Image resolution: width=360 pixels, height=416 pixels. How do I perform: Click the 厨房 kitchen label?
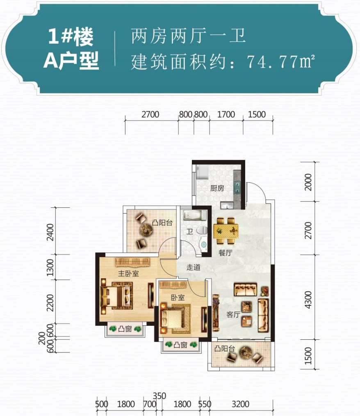tap(217, 188)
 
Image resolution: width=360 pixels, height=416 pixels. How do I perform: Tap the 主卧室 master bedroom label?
tap(128, 273)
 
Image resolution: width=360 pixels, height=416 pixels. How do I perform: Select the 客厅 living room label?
tap(233, 315)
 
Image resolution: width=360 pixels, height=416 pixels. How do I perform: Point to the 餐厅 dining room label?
tap(225, 252)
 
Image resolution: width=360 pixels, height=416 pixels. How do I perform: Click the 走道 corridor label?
tap(193, 267)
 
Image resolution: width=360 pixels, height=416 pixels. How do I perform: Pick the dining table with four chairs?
tap(226, 231)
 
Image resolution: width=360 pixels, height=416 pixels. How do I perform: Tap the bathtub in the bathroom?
tap(195, 215)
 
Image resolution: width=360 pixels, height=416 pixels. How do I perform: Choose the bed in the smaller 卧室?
tap(175, 319)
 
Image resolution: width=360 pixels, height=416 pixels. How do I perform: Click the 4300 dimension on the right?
tap(308, 300)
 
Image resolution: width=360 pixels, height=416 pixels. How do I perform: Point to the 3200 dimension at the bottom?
tap(240, 404)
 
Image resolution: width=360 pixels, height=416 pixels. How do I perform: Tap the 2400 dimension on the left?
tap(50, 232)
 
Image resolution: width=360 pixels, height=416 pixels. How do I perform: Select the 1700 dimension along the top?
tap(226, 115)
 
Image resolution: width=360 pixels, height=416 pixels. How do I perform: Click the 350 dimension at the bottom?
tap(159, 396)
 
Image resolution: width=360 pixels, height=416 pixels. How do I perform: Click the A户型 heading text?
tap(71, 61)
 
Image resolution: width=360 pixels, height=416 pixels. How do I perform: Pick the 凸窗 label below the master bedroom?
tap(125, 329)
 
